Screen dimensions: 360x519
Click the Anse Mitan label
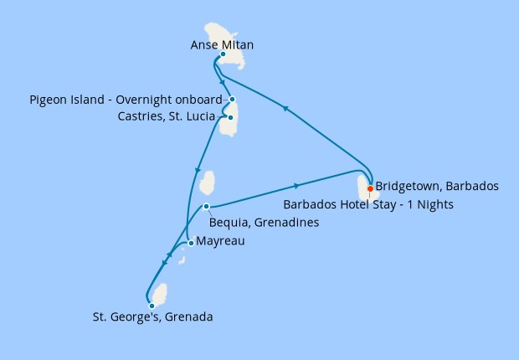(222, 44)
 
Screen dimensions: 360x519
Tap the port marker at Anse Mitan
(223, 54)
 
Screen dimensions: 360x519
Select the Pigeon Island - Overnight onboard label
(126, 100)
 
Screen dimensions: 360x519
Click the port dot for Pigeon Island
(232, 100)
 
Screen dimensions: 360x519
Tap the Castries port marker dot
(230, 117)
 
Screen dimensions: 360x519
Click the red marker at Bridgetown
(370, 188)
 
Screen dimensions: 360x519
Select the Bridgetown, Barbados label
(437, 186)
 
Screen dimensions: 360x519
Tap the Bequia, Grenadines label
(262, 223)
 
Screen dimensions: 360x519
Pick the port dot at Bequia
(206, 207)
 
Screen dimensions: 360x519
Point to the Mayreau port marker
(192, 244)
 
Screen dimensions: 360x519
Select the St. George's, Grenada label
(152, 317)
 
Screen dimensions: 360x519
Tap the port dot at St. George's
(152, 306)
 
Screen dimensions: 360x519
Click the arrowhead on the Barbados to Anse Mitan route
(285, 108)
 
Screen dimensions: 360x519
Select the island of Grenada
(159, 295)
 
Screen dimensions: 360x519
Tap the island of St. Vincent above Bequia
(208, 183)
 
